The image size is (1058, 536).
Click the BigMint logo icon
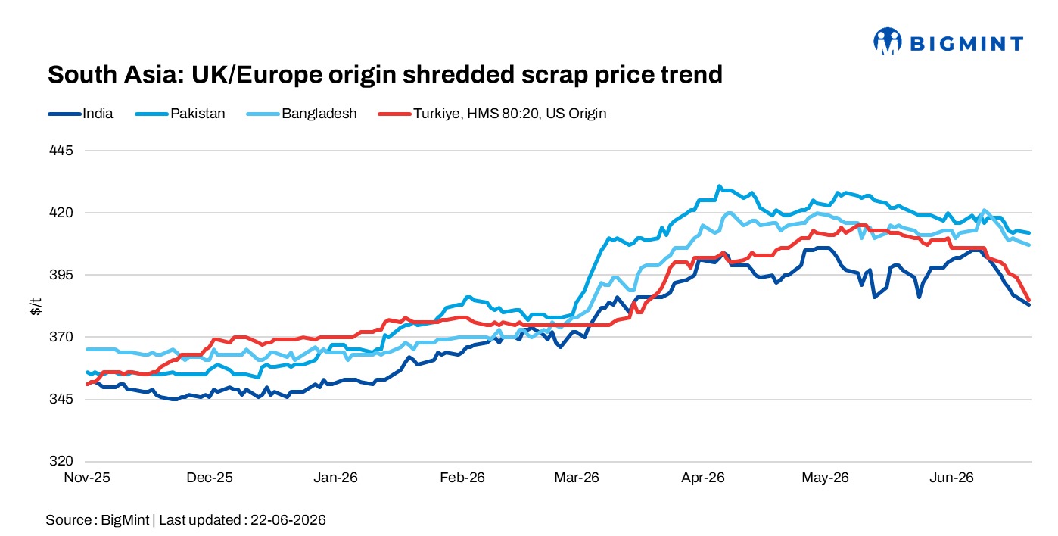pyautogui.click(x=888, y=41)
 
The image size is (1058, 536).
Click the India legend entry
pyautogui.click(x=80, y=114)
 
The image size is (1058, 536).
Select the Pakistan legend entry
pyautogui.click(x=180, y=114)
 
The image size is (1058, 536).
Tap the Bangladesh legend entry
pyautogui.click(x=301, y=114)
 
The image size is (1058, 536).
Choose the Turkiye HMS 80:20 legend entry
pyautogui.click(x=492, y=114)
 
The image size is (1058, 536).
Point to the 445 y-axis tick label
pyautogui.click(x=61, y=151)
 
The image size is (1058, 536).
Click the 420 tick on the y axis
pyautogui.click(x=61, y=213)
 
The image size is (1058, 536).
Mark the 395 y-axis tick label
pyautogui.click(x=61, y=275)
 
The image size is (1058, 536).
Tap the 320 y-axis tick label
pyautogui.click(x=61, y=461)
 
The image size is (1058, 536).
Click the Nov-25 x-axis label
pyautogui.click(x=87, y=478)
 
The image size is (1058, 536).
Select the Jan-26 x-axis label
pyautogui.click(x=335, y=478)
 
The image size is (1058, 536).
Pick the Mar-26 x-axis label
pyautogui.click(x=576, y=478)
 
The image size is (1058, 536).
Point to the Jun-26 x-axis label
pyautogui.click(x=951, y=478)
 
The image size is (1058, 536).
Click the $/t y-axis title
pyautogui.click(x=36, y=307)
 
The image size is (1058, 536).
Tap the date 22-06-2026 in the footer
pyautogui.click(x=288, y=520)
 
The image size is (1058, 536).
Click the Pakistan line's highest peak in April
pyautogui.click(x=720, y=186)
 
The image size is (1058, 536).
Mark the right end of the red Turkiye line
pyautogui.click(x=1028, y=301)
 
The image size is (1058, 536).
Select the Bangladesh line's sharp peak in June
pyautogui.click(x=985, y=210)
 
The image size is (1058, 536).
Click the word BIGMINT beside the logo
pyautogui.click(x=966, y=44)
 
